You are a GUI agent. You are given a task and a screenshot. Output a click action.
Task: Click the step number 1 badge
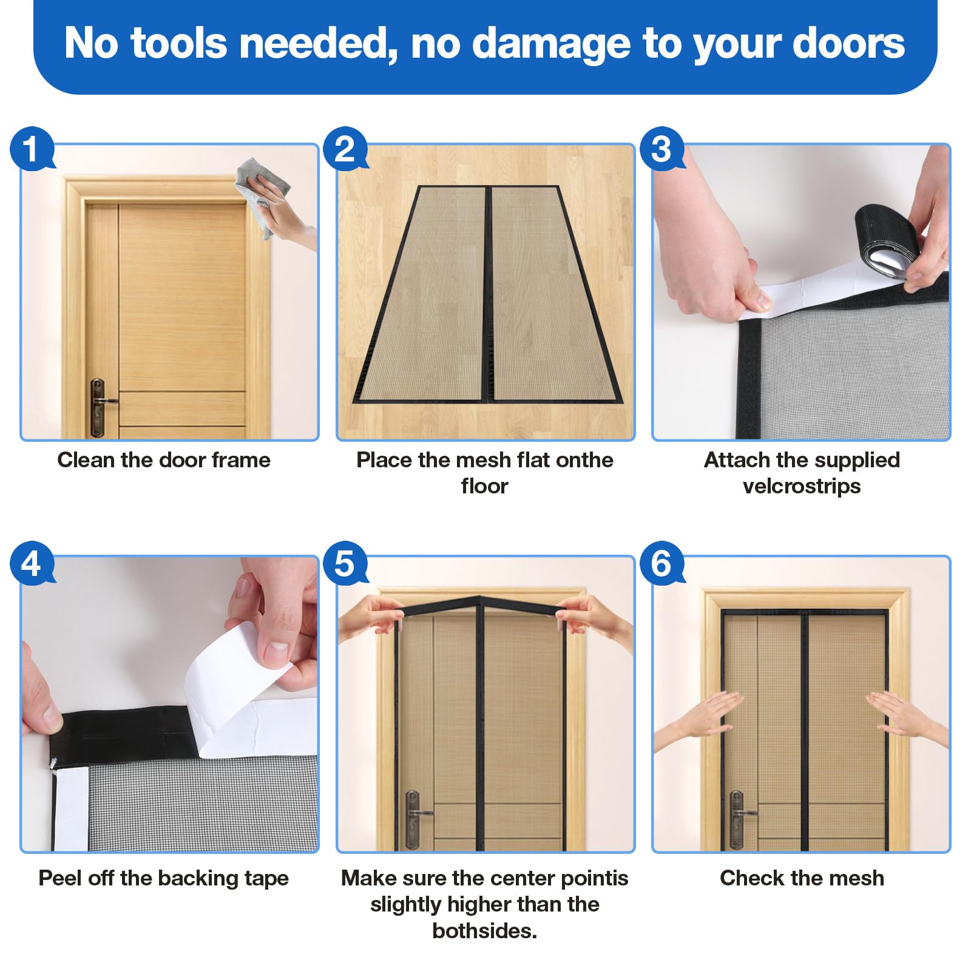click(x=32, y=148)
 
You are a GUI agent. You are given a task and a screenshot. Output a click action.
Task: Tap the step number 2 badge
click(x=345, y=148)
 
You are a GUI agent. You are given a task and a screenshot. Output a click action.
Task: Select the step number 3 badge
click(x=662, y=148)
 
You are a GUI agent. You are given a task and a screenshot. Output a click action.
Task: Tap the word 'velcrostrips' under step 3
click(x=802, y=486)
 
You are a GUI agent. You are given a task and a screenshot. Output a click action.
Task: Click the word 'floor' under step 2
click(x=484, y=486)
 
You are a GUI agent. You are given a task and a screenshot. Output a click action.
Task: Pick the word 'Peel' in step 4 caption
click(x=60, y=878)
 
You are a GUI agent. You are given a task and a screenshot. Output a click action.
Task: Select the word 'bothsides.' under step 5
click(x=484, y=930)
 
